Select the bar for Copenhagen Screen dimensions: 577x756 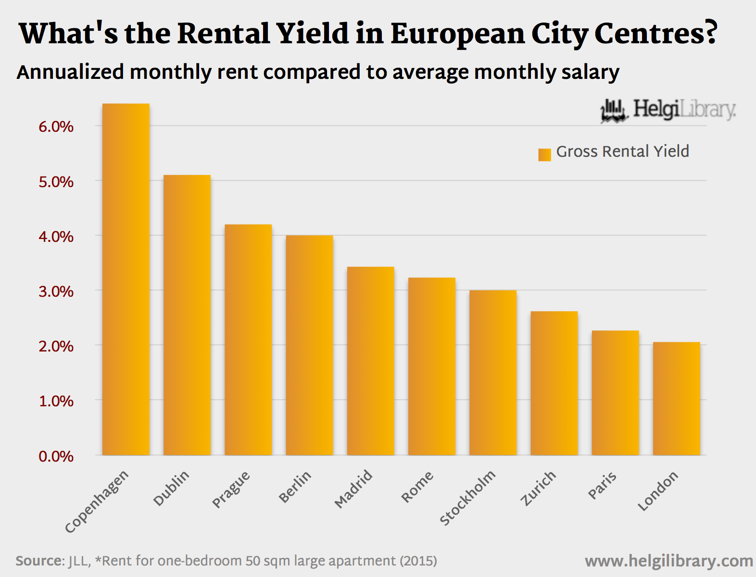pos(126,279)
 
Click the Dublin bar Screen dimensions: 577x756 pos(187,315)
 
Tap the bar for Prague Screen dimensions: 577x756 pos(248,339)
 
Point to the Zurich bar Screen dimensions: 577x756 pos(554,383)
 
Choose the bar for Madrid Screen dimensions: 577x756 pos(370,361)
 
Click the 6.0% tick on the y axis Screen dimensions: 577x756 pos(56,127)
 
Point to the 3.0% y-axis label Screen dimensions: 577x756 pos(56,292)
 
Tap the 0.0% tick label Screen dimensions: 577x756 pos(56,456)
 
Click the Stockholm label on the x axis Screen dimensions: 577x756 pos(467,498)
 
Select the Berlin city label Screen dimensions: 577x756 pos(295,487)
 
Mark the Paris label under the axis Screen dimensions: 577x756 pos(602,486)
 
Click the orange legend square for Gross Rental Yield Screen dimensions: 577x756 pos(544,154)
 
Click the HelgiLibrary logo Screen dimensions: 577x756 pos(668,110)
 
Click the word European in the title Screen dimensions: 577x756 pos(457,34)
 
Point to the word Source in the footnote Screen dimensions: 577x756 pos(39,561)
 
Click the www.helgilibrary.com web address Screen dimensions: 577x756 pos(668,561)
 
